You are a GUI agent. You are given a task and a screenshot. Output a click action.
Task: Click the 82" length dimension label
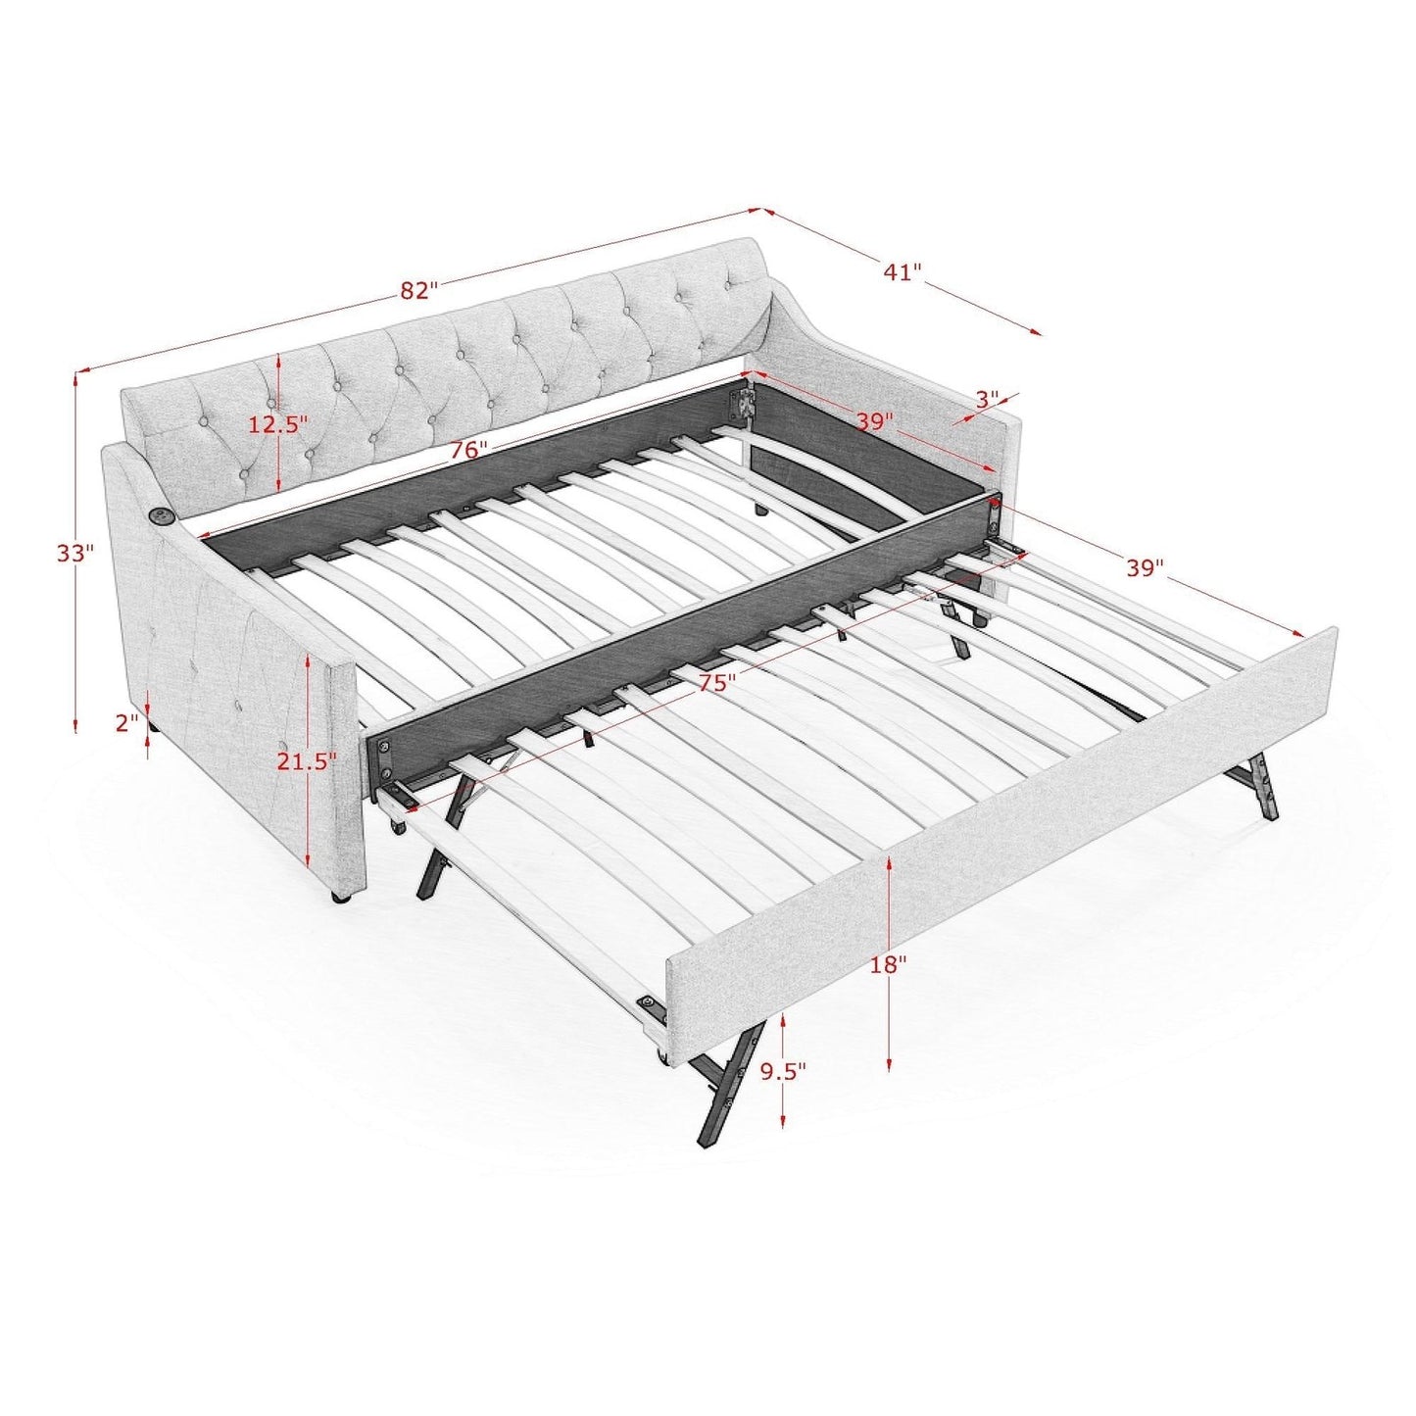point(418,290)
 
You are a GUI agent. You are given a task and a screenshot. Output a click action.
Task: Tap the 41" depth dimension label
point(903,271)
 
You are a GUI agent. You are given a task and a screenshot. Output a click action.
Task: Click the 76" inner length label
point(468,450)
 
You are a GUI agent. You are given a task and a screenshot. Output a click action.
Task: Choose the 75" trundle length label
point(717,683)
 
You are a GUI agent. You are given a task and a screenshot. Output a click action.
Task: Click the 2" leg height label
point(127,723)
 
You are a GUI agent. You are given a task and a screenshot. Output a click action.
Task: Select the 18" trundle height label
point(888,964)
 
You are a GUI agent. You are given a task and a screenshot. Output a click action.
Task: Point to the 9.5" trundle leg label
point(783,1071)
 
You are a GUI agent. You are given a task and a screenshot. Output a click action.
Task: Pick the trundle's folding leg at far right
point(1259,784)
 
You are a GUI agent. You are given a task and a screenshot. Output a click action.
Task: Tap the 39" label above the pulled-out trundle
point(1144,567)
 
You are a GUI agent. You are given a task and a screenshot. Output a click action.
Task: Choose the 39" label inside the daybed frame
point(874,421)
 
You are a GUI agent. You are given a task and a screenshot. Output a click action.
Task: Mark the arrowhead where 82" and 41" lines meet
point(761,209)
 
